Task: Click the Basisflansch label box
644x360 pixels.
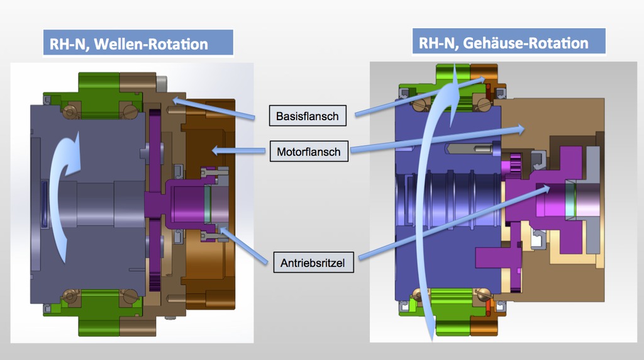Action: point(308,116)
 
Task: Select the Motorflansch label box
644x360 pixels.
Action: point(309,151)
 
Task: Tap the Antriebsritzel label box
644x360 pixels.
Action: point(313,262)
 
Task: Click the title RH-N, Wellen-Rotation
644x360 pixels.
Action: point(128,44)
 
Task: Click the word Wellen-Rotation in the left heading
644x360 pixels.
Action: point(151,44)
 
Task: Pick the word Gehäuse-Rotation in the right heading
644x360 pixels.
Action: point(526,43)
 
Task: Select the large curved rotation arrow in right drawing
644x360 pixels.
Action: point(423,201)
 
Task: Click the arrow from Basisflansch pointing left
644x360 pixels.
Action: point(214,108)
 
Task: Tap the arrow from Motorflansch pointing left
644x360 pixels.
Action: point(238,151)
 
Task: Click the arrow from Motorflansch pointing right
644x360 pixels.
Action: point(438,140)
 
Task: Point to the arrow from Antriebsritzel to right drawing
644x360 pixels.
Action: point(454,222)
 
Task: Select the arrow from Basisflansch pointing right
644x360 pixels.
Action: point(420,96)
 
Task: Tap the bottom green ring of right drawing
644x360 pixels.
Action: point(452,312)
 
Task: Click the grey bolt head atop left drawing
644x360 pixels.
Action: point(162,84)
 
